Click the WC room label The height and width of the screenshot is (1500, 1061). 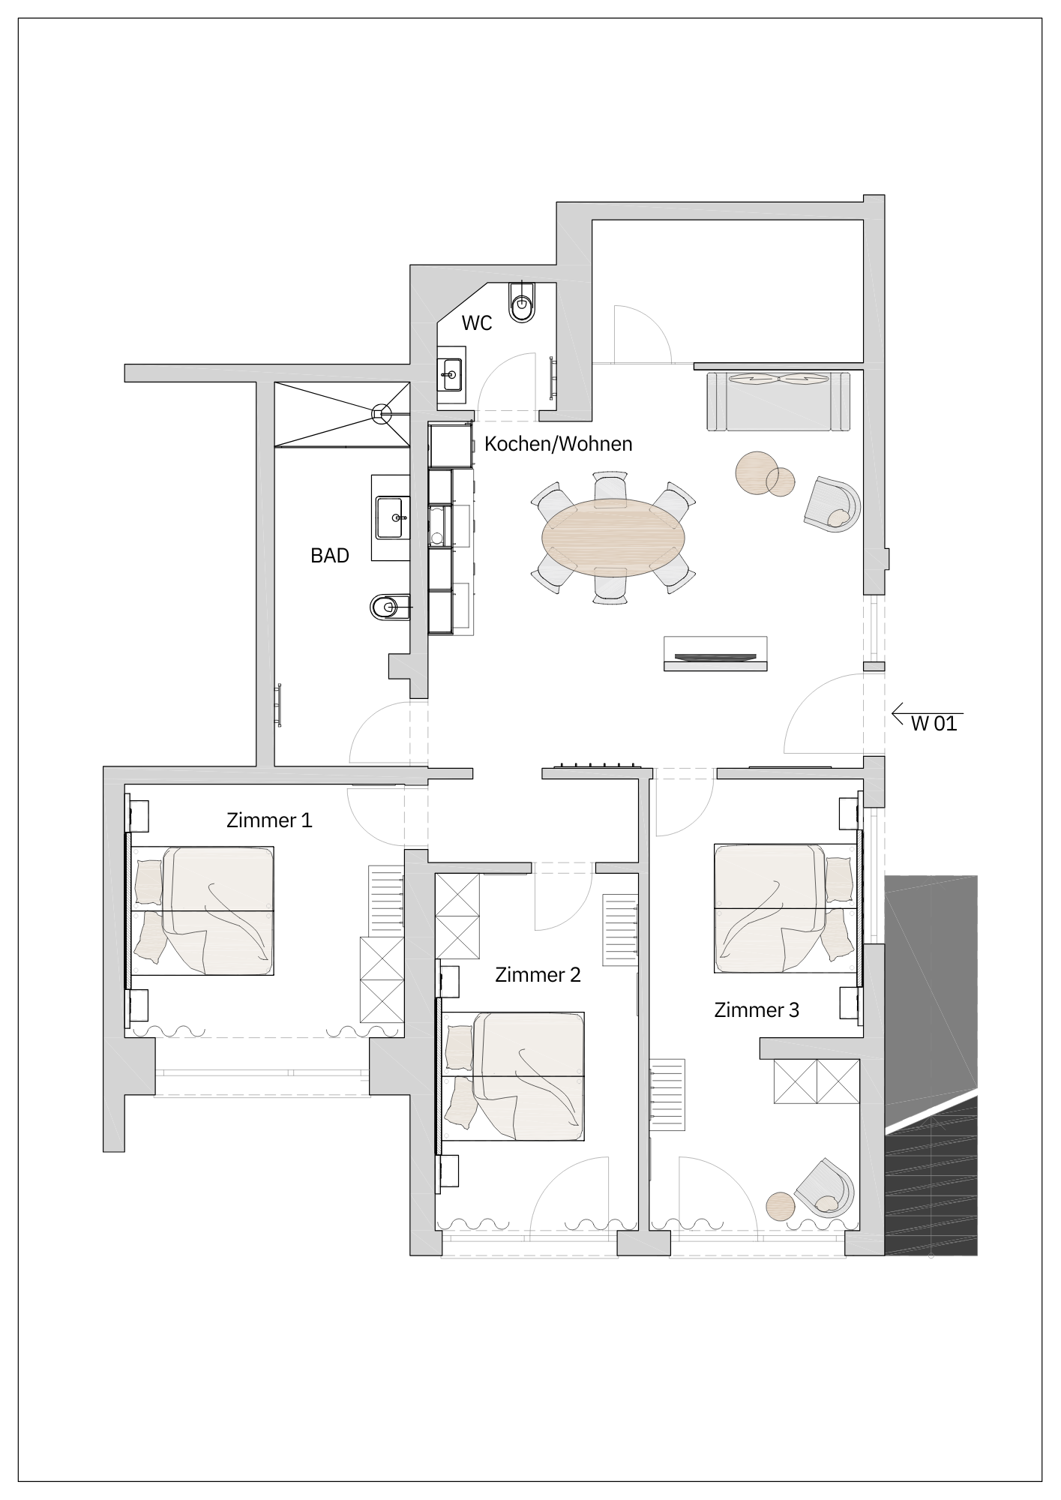click(x=477, y=323)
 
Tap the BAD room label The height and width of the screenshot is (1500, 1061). click(x=330, y=556)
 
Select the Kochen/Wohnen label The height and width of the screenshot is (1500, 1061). click(x=558, y=444)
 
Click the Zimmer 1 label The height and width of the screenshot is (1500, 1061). click(x=268, y=820)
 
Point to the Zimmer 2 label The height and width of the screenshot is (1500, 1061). click(x=538, y=975)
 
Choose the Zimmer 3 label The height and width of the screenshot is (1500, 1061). click(x=756, y=1010)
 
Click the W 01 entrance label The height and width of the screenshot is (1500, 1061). click(x=934, y=724)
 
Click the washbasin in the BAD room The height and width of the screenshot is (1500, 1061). click(x=393, y=517)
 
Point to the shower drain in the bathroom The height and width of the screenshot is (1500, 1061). click(x=382, y=411)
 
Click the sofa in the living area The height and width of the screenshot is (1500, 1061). click(x=779, y=401)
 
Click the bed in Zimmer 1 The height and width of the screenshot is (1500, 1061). click(x=204, y=910)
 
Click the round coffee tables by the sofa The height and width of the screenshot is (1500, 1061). click(x=763, y=474)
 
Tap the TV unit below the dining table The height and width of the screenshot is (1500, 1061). click(x=715, y=654)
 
